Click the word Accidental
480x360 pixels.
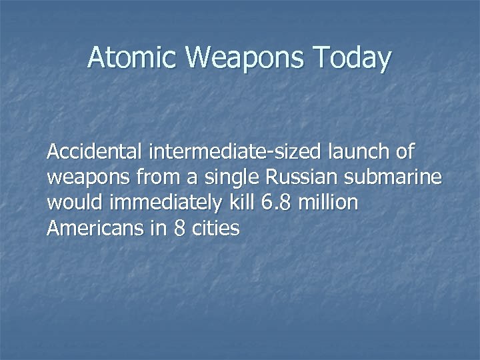(x=96, y=153)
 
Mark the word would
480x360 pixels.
(x=71, y=204)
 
